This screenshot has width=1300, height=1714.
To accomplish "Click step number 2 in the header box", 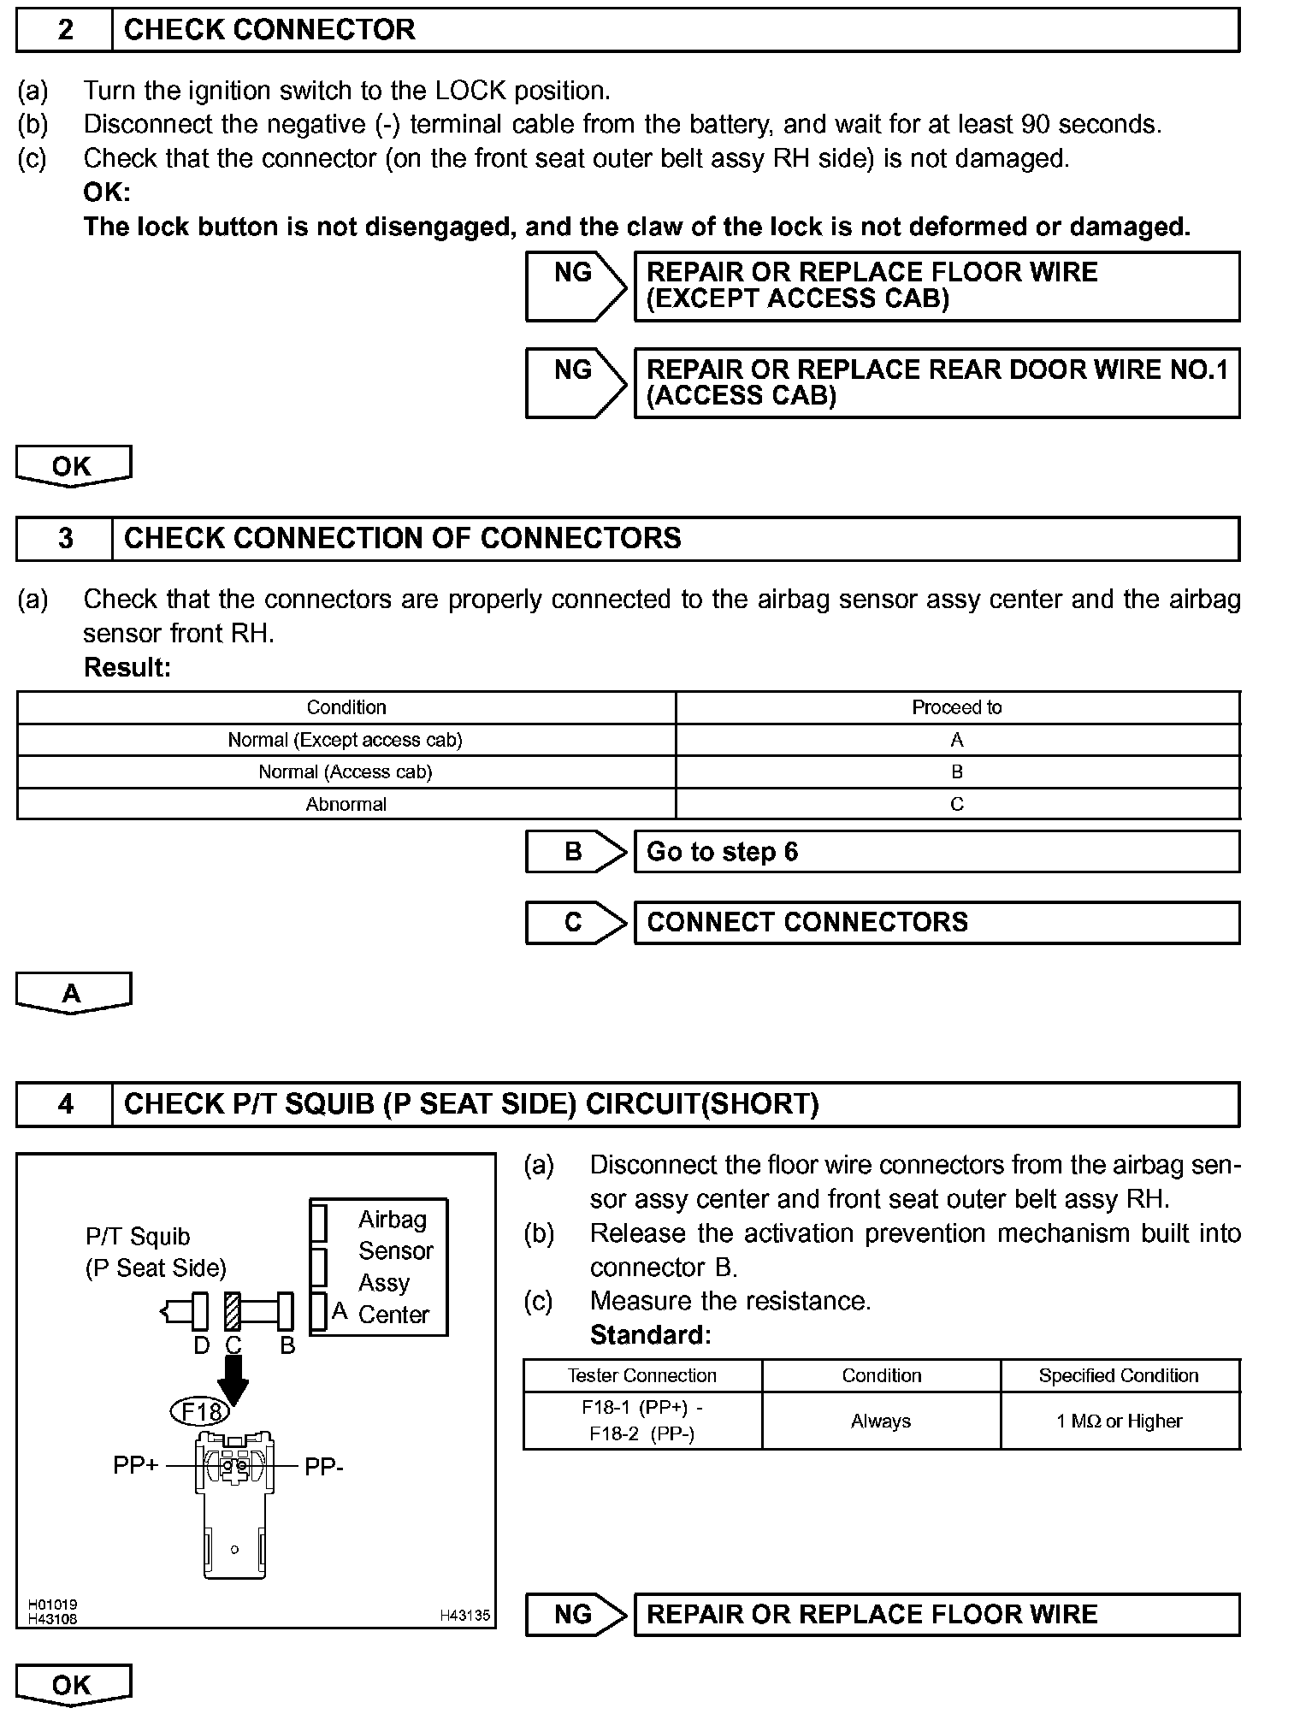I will click(65, 30).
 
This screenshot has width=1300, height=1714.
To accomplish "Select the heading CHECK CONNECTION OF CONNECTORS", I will click(402, 538).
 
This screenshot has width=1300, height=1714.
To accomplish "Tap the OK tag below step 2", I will click(73, 466).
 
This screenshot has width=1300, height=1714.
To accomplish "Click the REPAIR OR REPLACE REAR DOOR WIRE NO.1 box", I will click(937, 382).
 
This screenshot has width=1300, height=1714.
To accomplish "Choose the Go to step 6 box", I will click(937, 852).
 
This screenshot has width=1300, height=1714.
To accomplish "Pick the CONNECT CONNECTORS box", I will click(937, 922).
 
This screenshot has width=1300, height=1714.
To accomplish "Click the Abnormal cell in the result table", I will click(346, 804).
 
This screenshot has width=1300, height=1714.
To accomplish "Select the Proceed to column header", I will click(956, 707).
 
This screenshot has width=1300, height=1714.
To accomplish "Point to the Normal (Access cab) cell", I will click(346, 771).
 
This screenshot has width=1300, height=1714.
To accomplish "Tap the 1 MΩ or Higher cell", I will click(1120, 1421).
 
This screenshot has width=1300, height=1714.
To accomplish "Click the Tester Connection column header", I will click(641, 1375).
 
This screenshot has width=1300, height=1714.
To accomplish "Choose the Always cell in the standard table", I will click(881, 1421).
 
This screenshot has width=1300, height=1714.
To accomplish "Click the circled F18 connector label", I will click(201, 1410).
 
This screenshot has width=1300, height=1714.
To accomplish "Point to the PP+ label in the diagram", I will click(135, 1465).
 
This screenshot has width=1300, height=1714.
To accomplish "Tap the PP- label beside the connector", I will click(324, 1467).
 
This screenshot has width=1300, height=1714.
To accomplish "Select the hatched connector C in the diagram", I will click(232, 1310).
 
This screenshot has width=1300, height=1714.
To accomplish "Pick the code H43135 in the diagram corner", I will click(464, 1616).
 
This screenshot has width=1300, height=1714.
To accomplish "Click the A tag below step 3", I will click(73, 992).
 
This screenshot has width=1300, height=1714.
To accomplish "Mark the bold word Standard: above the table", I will click(650, 1334).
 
